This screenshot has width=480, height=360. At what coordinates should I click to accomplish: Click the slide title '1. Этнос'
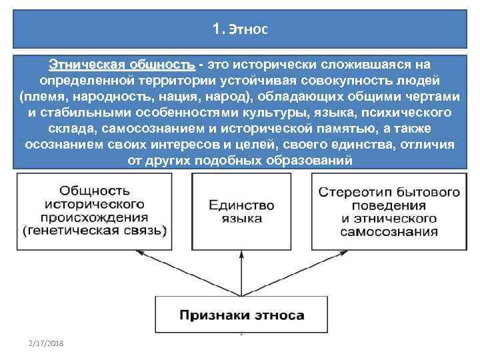(239, 29)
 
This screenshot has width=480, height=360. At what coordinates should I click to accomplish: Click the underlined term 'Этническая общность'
(121, 65)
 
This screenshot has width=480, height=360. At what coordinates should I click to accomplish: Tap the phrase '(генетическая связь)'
(95, 230)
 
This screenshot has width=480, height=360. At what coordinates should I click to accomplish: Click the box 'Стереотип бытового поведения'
(389, 210)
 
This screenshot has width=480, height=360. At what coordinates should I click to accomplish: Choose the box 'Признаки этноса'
(241, 315)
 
